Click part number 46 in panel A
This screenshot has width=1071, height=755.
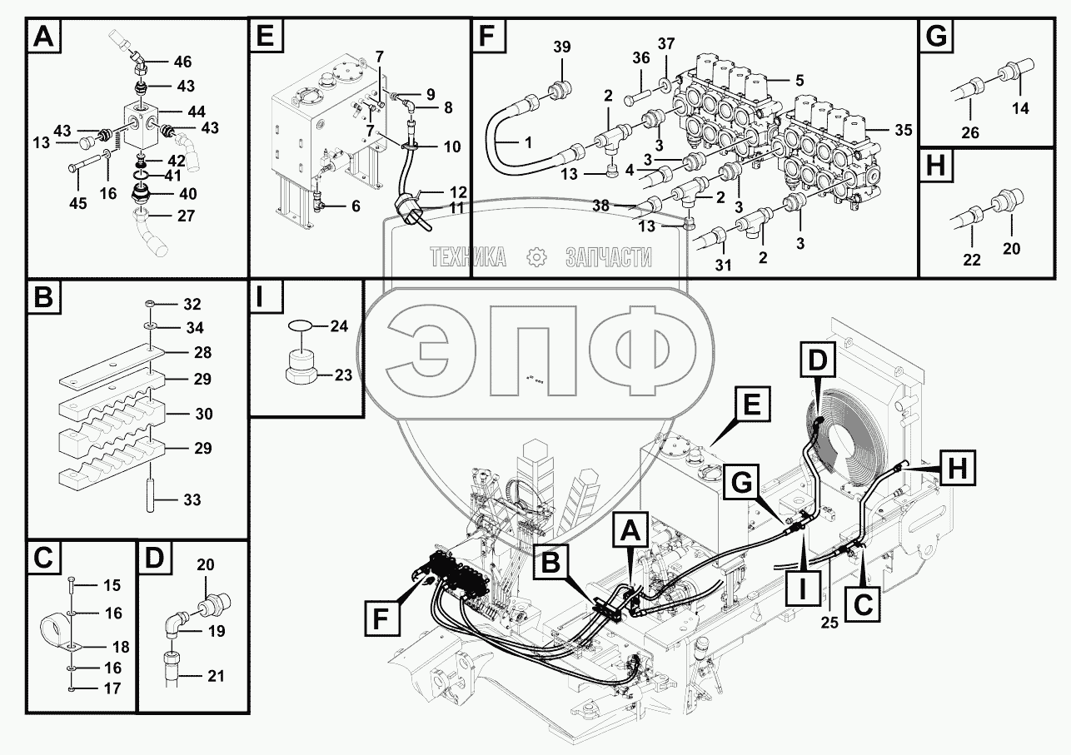(x=182, y=62)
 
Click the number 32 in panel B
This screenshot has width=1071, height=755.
(x=192, y=303)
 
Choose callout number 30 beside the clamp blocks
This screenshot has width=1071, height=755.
(x=203, y=414)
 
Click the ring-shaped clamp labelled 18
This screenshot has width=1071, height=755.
(x=58, y=629)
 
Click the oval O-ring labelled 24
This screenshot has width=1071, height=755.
(x=303, y=326)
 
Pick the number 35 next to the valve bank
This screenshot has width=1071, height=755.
(x=903, y=130)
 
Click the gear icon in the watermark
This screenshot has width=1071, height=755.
(x=535, y=257)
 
